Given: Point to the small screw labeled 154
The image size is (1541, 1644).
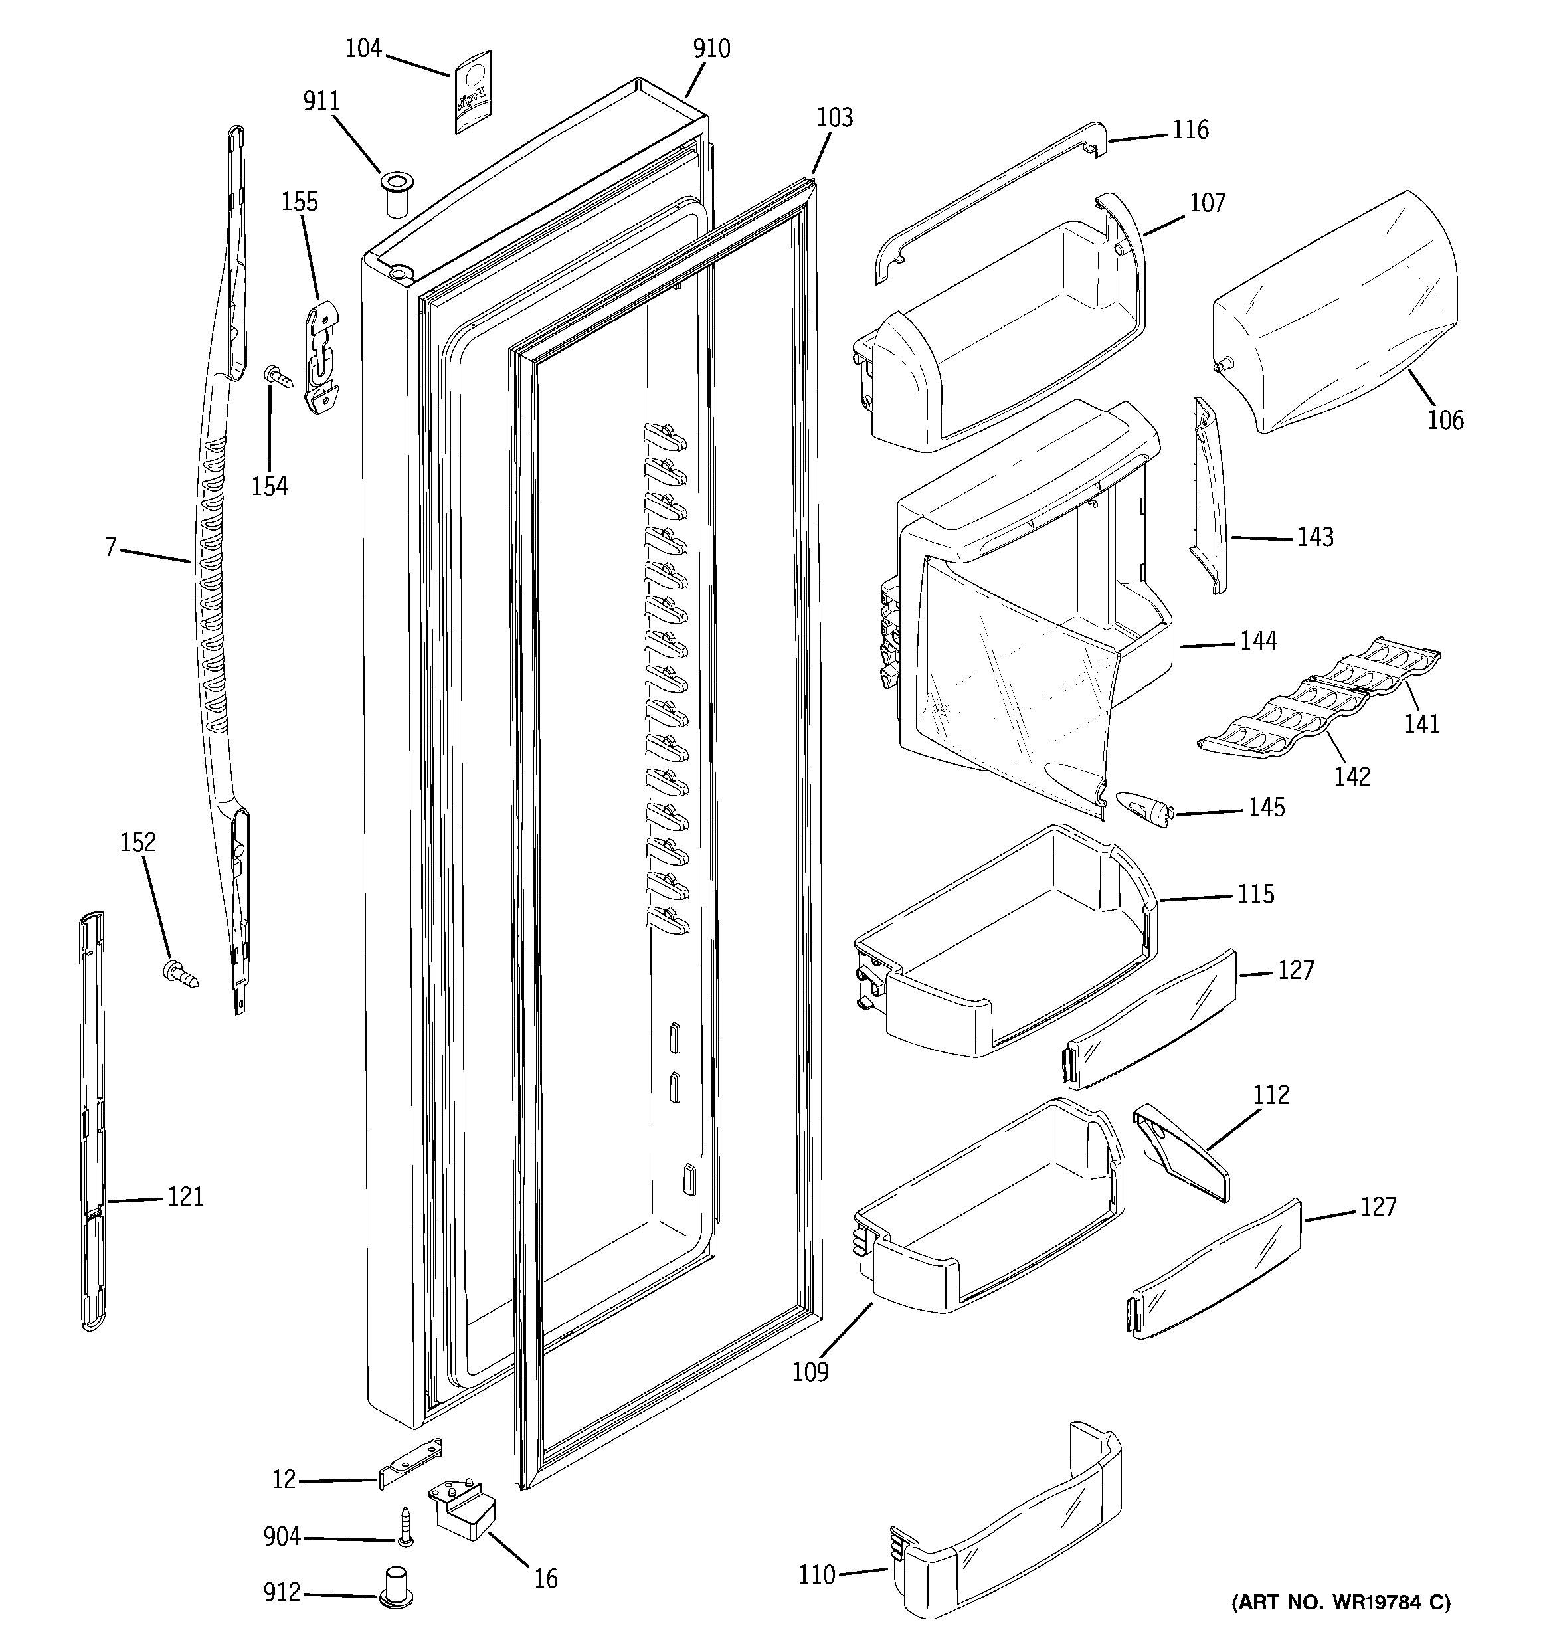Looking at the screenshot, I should coord(279,377).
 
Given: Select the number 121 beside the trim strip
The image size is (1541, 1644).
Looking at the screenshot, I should coord(185,1196).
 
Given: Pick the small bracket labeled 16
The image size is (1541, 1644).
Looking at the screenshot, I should coord(463,1508).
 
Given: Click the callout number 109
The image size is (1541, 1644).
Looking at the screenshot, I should coord(810,1372).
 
